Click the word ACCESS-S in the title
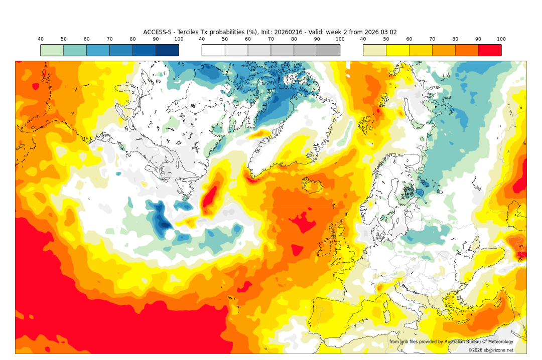pyautogui.click(x=157, y=32)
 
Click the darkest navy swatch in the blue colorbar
pyautogui.click(x=167, y=50)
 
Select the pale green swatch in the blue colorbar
pyautogui.click(x=52, y=50)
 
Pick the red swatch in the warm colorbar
pyautogui.click(x=489, y=50)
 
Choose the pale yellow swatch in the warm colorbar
pyautogui.click(x=374, y=50)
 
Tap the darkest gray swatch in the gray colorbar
pyautogui.click(x=328, y=50)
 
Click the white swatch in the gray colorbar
pyautogui.click(x=213, y=50)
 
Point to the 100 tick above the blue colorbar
pyautogui.click(x=179, y=39)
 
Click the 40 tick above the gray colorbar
pyautogui.click(x=202, y=39)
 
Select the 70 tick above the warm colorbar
pyautogui.click(x=432, y=39)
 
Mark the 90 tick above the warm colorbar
pyautogui.click(x=478, y=39)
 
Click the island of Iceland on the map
pyautogui.click(x=312, y=186)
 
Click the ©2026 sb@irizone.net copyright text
pyautogui.click(x=491, y=350)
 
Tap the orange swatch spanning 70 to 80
pyautogui.click(x=444, y=50)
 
